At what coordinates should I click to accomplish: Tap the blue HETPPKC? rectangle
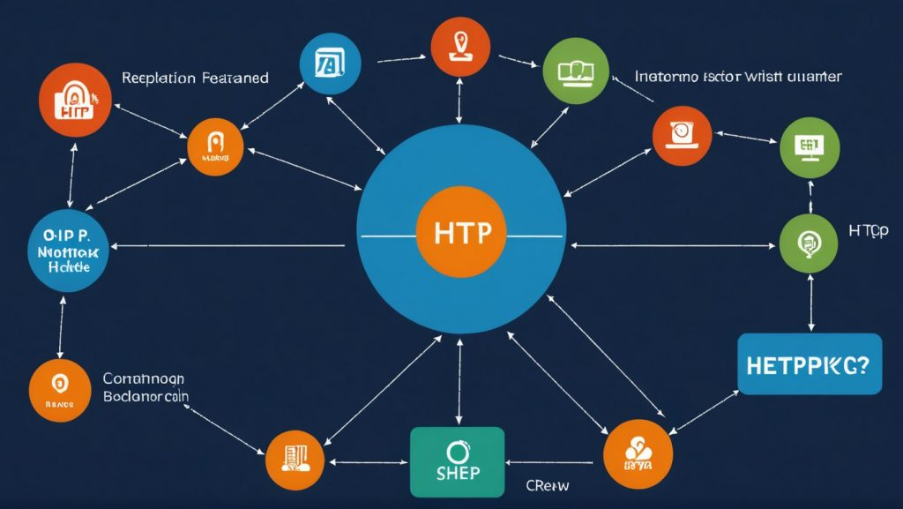pyautogui.click(x=809, y=363)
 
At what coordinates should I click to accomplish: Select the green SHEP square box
pyautogui.click(x=457, y=461)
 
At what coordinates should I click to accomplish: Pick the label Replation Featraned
pyautogui.click(x=195, y=78)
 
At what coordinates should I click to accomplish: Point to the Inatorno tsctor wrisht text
pyautogui.click(x=737, y=77)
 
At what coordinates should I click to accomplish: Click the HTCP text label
pyautogui.click(x=868, y=230)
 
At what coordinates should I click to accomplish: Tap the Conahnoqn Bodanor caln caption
pyautogui.click(x=145, y=387)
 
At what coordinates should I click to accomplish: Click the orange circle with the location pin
pyautogui.click(x=459, y=45)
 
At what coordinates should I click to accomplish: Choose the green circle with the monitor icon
pyautogui.click(x=806, y=146)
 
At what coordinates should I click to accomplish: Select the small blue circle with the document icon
pyautogui.click(x=330, y=64)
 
